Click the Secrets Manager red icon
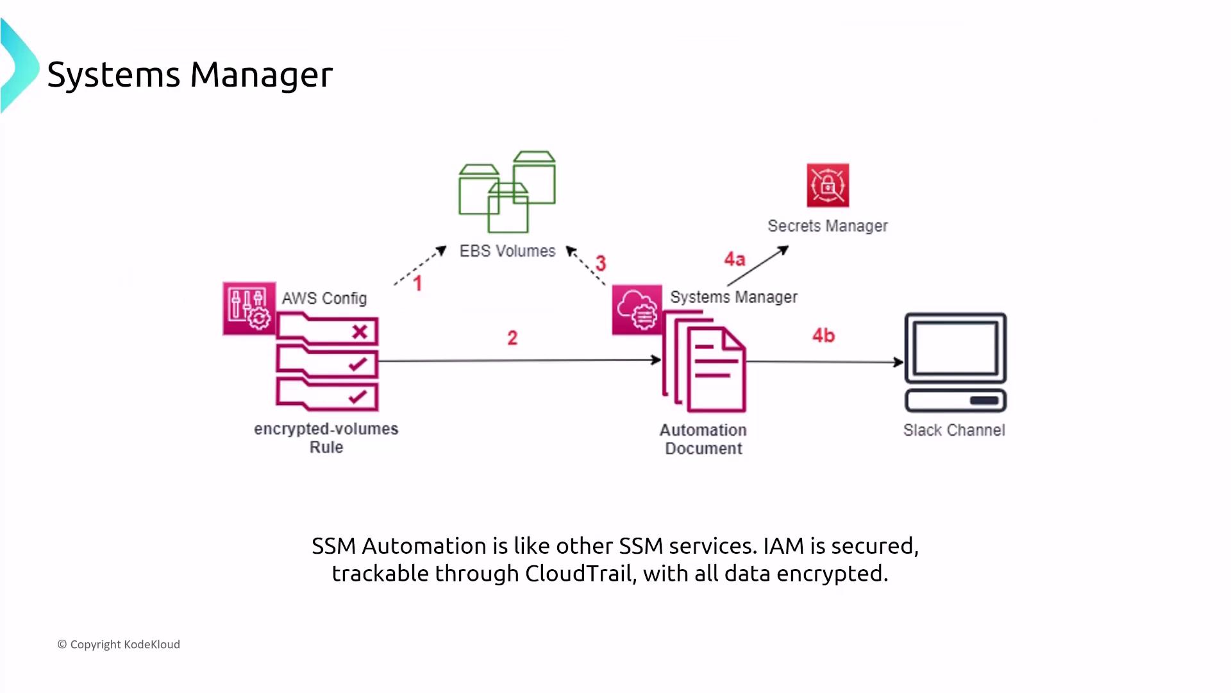click(828, 185)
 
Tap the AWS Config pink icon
click(249, 309)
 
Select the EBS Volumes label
click(507, 251)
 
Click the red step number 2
click(512, 338)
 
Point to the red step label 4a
click(735, 259)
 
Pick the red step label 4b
click(824, 336)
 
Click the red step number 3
click(601, 263)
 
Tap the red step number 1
click(417, 284)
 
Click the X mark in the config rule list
click(360, 332)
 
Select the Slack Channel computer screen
click(955, 348)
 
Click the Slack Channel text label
click(954, 431)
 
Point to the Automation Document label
click(703, 440)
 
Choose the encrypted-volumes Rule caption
click(326, 438)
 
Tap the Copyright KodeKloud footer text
click(119, 644)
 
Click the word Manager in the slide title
click(262, 74)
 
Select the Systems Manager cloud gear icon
click(637, 310)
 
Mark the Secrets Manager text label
click(828, 226)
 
